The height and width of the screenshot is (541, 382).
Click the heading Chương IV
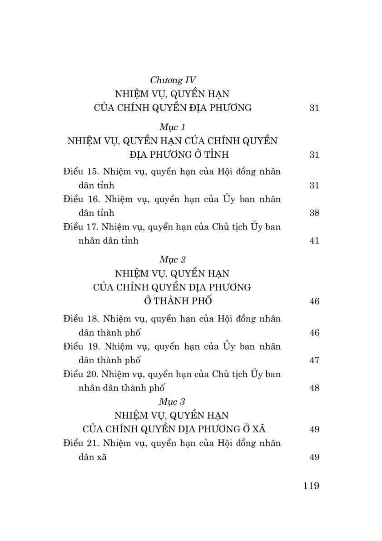point(173,80)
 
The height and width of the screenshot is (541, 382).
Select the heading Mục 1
point(172,127)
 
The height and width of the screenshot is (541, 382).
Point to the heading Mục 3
point(172,401)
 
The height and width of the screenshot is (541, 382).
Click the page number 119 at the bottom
point(311,486)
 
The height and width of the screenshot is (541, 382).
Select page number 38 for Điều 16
point(314,213)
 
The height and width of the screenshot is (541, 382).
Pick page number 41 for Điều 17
point(314,240)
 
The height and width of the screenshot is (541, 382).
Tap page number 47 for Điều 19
point(314,360)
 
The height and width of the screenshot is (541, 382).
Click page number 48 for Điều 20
point(314,388)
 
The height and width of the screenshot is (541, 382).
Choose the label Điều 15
point(81,172)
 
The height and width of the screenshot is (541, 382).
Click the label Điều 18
point(81,319)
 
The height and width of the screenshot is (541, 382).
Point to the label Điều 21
point(81,443)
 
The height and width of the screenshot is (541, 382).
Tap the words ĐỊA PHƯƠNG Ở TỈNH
point(172,155)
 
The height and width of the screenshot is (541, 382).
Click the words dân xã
point(93,457)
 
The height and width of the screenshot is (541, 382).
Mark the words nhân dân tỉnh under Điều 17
point(108,240)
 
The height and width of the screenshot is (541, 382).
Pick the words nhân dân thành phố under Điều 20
point(121,388)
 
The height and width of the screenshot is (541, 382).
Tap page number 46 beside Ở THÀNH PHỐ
point(314,301)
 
